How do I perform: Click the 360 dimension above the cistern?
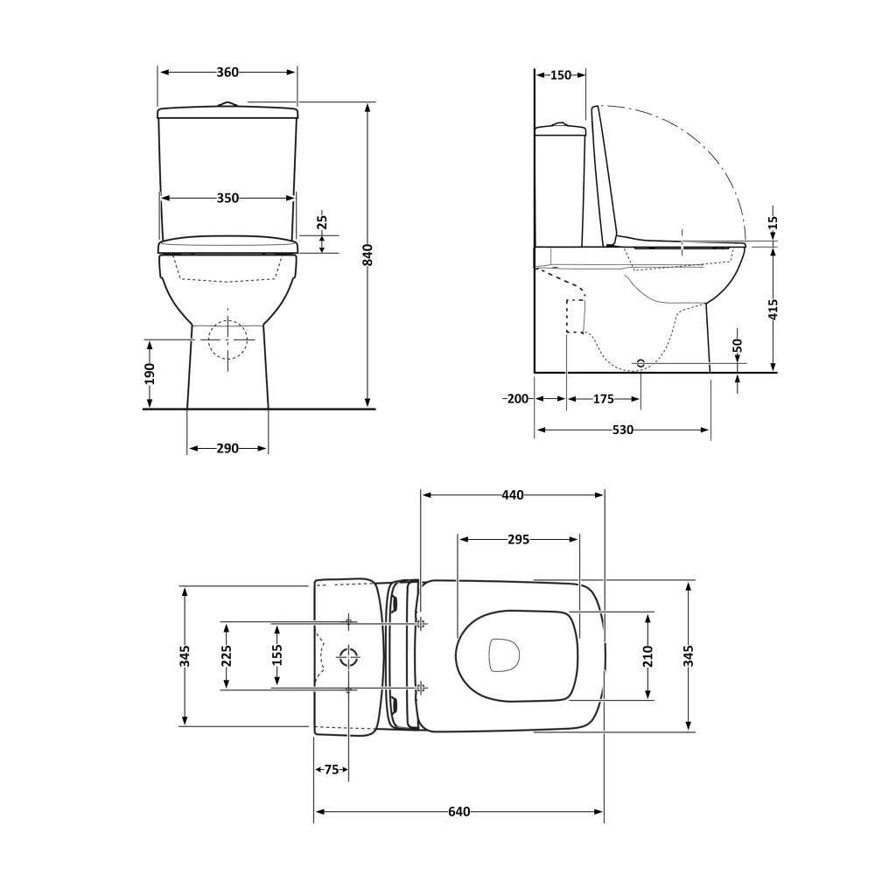pyautogui.click(x=227, y=72)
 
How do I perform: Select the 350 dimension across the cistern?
pyautogui.click(x=227, y=198)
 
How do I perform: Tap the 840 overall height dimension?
pyautogui.click(x=367, y=255)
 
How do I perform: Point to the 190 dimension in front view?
pyautogui.click(x=149, y=374)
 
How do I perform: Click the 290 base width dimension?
pyautogui.click(x=227, y=448)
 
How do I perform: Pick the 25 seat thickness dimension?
pyautogui.click(x=322, y=222)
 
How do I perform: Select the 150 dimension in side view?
pyautogui.click(x=561, y=74)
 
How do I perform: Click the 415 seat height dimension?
pyautogui.click(x=773, y=311)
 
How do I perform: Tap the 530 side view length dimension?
pyautogui.click(x=623, y=430)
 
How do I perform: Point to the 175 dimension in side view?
pyautogui.click(x=603, y=399)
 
